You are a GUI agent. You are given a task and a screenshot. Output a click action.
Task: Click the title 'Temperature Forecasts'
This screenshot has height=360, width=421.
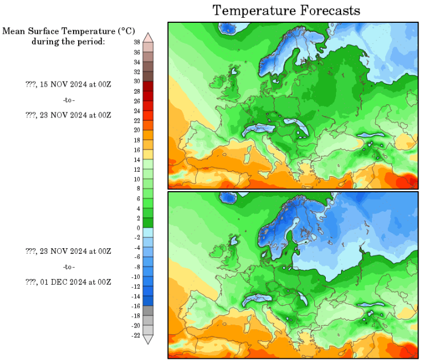pos(286,10)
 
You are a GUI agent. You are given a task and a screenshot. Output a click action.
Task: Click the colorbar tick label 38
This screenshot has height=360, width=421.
pos(137,42)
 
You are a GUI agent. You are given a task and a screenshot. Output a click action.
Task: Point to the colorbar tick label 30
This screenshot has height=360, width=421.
pos(137,82)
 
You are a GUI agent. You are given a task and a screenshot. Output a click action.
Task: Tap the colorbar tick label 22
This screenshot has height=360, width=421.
pos(137,120)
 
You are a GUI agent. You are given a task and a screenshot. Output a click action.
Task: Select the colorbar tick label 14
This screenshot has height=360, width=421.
pos(137,160)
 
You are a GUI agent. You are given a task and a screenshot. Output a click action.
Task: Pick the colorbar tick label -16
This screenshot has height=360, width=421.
pos(136,306)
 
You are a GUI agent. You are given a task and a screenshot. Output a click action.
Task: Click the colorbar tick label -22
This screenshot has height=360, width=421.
pos(136,335)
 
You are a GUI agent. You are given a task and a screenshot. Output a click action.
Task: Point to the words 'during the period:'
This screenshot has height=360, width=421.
pos(68,41)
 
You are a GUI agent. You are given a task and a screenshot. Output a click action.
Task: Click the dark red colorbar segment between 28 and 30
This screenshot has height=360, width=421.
pos(148,86)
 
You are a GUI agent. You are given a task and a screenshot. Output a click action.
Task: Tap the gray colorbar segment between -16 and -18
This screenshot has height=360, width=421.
pos(148,311)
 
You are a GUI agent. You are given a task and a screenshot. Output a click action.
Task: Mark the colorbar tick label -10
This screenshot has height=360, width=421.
pos(136,277)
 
